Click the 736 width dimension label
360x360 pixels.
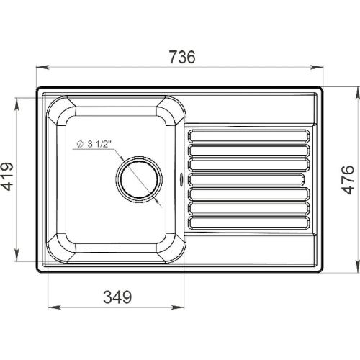(182, 57)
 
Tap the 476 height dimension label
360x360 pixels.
(348, 179)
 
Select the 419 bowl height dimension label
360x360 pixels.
(6, 176)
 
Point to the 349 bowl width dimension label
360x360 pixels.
(117, 297)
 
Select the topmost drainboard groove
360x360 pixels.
(248, 136)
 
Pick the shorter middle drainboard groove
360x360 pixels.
(246, 179)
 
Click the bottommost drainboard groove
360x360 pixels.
(248, 222)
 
